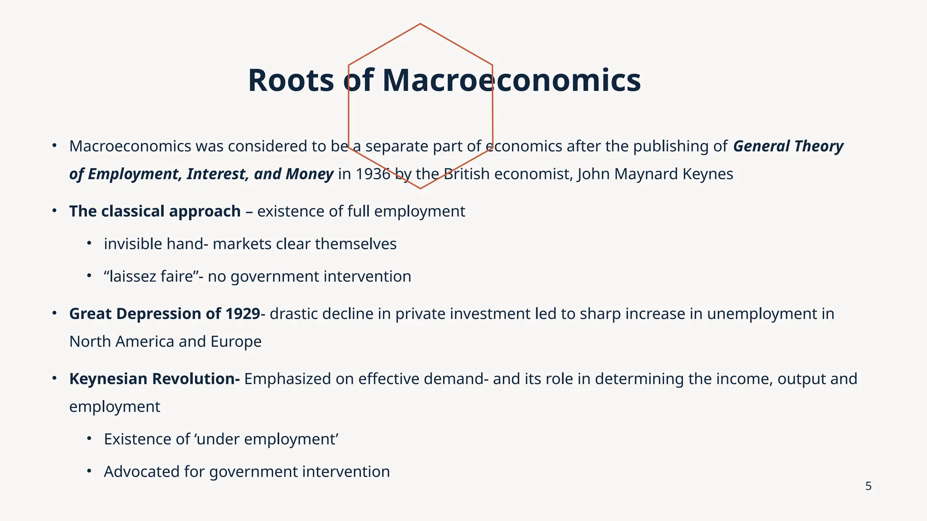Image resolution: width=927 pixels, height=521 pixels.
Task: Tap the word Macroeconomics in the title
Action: point(511,81)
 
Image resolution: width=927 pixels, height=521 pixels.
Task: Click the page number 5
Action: point(868,486)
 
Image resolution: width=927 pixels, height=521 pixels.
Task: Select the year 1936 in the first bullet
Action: point(373,174)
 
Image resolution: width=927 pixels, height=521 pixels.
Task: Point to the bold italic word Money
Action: point(312,174)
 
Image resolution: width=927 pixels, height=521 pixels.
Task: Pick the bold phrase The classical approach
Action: point(155,211)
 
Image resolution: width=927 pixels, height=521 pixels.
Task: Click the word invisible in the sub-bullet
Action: point(133,244)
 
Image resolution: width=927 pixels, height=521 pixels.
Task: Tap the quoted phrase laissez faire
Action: point(149,276)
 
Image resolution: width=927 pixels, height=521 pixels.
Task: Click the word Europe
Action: point(236,341)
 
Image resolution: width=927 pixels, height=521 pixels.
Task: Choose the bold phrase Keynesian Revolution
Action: point(154,379)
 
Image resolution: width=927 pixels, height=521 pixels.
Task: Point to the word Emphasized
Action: point(287,379)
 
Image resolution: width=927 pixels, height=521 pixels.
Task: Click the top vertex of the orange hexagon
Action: point(420,24)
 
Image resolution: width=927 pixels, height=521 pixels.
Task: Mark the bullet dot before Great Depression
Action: point(54,313)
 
